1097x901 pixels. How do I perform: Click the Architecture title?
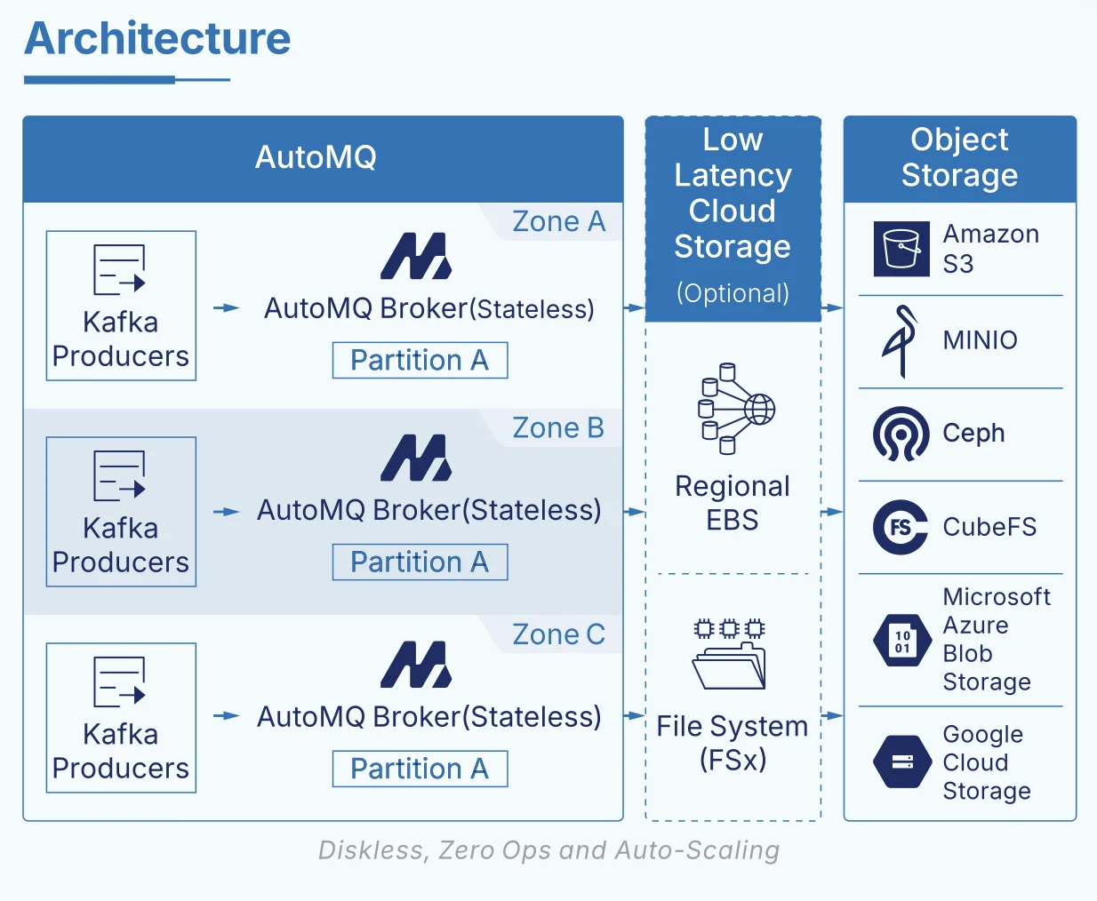[157, 39]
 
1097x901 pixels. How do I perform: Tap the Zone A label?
[558, 221]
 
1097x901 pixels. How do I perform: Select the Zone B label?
[558, 428]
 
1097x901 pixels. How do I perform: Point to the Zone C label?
[558, 634]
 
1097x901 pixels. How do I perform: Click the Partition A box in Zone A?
[420, 360]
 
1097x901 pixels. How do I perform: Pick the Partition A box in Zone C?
[420, 769]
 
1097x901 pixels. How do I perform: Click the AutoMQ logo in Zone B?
[416, 458]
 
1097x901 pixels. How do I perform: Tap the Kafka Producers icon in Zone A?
[119, 269]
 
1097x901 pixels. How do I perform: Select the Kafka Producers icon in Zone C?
[119, 682]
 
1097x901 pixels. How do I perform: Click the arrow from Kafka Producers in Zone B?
[227, 512]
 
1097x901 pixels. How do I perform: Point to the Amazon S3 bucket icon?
[901, 249]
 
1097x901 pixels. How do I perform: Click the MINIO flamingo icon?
[900, 341]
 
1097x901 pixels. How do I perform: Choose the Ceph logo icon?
[901, 435]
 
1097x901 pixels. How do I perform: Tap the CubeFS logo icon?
[901, 527]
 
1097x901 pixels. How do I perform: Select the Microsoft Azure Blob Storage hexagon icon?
[902, 640]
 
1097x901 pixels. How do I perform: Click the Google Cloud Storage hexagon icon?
[902, 761]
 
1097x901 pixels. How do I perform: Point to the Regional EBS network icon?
[735, 408]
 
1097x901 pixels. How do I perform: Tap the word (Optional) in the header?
[733, 293]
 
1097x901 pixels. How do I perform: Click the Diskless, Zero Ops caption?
[548, 850]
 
